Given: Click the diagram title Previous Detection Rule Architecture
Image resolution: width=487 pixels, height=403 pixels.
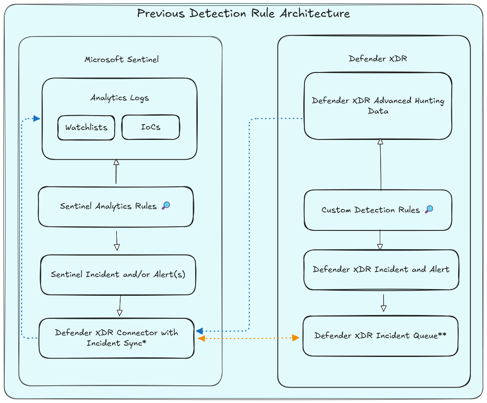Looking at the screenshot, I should [x=243, y=13].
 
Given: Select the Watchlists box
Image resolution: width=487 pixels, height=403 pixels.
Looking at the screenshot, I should [x=86, y=127].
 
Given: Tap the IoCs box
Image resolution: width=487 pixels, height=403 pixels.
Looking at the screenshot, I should [x=150, y=127].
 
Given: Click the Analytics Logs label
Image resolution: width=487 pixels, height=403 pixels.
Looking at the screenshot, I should [x=119, y=98].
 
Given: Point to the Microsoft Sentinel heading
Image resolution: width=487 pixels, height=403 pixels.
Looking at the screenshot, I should [x=121, y=59].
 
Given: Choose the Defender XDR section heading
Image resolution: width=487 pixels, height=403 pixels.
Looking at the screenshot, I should [x=378, y=59].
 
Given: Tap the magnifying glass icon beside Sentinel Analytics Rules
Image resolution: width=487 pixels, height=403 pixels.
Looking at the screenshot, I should [x=166, y=205].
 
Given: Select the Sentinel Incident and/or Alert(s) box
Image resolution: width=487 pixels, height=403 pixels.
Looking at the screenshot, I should [x=118, y=275].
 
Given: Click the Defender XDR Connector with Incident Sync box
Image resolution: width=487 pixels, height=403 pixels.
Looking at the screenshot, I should [x=116, y=338].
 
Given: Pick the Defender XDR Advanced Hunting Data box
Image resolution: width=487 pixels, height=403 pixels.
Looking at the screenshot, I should [x=378, y=106].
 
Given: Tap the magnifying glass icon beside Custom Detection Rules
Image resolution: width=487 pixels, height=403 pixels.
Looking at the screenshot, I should [x=429, y=209].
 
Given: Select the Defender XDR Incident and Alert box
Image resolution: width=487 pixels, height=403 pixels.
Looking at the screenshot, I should [x=381, y=269].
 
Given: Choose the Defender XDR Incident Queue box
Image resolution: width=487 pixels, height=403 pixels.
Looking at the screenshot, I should [x=380, y=336].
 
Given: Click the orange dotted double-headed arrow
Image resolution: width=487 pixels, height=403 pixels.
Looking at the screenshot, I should [x=248, y=338].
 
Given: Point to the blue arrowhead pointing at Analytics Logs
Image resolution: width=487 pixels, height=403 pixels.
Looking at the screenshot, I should [x=36, y=119].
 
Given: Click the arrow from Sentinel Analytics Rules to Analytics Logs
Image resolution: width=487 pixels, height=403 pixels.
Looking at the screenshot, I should [x=116, y=172].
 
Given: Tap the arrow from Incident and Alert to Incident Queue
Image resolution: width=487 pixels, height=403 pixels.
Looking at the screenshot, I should [x=383, y=302].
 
